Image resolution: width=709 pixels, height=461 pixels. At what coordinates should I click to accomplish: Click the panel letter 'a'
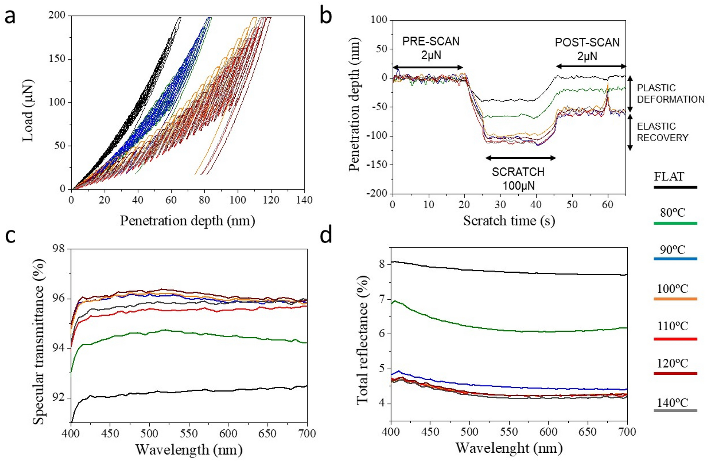10,17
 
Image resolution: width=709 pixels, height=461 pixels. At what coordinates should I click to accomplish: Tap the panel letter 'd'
326,236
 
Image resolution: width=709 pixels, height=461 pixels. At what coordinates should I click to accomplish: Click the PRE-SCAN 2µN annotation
431,48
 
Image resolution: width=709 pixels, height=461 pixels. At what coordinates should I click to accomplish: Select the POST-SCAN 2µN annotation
587,49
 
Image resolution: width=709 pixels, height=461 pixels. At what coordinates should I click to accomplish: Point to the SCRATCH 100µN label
519,178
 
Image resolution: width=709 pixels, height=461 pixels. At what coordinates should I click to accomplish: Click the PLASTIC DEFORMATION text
670,94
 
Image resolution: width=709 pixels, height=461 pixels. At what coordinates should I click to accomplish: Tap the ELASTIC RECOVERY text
662,132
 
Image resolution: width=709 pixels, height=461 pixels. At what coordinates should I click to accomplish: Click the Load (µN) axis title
27,111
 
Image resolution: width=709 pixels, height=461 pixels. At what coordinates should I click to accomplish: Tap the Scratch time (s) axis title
509,221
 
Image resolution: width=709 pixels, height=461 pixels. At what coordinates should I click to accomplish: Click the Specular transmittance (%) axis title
38,341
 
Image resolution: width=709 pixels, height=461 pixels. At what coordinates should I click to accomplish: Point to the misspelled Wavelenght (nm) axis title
509,448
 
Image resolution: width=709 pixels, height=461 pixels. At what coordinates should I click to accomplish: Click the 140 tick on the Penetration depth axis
304,200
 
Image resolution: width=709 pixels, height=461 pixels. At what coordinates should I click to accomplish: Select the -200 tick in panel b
377,194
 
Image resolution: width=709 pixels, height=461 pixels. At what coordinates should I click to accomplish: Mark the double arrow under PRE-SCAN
428,67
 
